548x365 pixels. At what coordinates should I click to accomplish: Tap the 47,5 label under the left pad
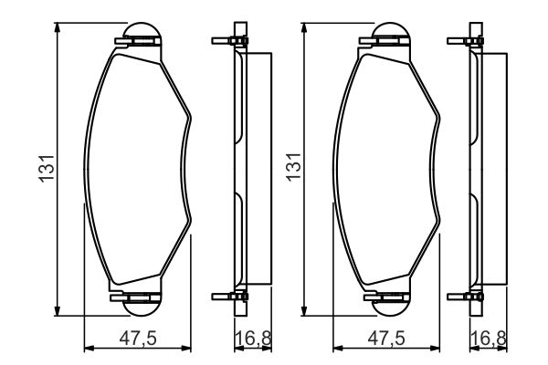(138, 338)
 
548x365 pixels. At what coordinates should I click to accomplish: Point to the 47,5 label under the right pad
(386, 338)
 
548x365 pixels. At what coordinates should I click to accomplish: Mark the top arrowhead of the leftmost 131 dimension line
(58, 28)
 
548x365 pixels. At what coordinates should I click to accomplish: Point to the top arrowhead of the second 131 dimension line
(304, 28)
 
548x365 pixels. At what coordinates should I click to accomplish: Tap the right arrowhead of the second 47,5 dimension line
(435, 347)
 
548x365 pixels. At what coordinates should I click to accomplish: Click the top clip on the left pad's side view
(228, 41)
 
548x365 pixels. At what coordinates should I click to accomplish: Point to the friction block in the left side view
(259, 169)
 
